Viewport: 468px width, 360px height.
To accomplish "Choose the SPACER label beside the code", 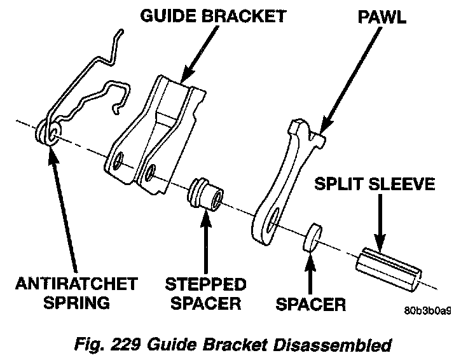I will point(310,305).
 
